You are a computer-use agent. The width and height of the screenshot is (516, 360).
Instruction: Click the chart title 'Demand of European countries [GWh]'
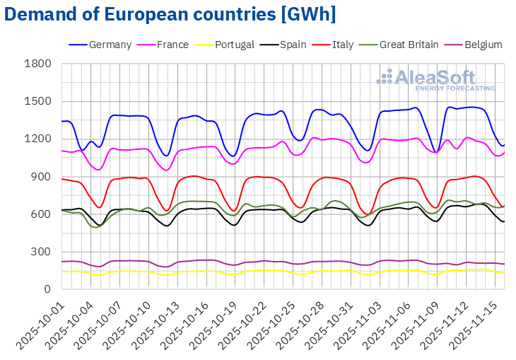coord(170,14)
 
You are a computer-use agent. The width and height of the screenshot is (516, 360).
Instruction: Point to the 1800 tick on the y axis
coord(38,64)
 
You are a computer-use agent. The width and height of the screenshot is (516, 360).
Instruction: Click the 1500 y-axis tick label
coord(38,101)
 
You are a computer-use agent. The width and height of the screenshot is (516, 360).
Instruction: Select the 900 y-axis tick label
coord(42,176)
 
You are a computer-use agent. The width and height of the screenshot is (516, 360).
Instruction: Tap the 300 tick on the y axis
coord(42,252)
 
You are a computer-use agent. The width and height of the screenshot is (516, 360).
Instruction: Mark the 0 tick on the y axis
coord(48,289)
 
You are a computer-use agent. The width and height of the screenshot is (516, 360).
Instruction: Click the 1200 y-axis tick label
coord(38,139)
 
